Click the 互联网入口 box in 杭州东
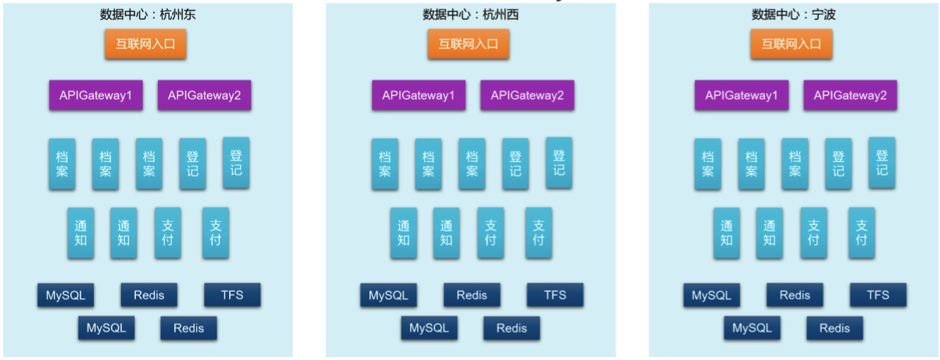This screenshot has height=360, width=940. coord(146,44)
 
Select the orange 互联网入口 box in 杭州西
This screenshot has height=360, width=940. coord(468,44)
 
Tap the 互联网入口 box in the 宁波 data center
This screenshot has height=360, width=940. coord(791,44)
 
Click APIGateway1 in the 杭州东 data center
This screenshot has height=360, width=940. coord(95,95)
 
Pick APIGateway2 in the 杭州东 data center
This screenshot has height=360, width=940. coord(204,95)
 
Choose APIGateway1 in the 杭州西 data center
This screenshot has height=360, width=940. coord(418,95)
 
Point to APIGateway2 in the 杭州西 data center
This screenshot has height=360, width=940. coord(527,95)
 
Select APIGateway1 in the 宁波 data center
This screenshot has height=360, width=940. coord(741,95)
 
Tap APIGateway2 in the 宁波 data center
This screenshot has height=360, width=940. coord(850,95)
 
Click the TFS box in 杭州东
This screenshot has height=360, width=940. coord(232,295)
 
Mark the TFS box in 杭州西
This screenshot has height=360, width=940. coord(555,295)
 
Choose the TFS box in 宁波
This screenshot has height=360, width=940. coord(878,295)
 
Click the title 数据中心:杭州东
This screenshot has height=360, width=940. coord(148,14)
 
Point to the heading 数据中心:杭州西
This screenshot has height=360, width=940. coord(470,14)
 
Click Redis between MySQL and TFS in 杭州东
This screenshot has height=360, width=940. coord(149,295)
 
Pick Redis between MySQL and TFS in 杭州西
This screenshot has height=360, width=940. coord(472,295)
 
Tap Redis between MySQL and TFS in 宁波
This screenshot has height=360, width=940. coord(795,295)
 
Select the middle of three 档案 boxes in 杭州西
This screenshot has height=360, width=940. coord(428,164)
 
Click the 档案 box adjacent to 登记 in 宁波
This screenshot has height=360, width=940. coord(794,164)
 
